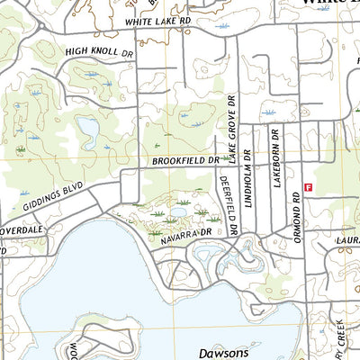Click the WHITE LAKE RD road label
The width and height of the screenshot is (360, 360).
tap(159, 20)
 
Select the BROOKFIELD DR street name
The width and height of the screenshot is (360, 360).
tap(185, 160)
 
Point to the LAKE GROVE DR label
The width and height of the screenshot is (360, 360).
tap(231, 128)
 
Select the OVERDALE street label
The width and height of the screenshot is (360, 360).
tap(22, 229)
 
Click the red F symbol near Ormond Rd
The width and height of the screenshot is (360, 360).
tap(308, 187)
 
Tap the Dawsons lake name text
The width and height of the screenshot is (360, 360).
tap(222, 354)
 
